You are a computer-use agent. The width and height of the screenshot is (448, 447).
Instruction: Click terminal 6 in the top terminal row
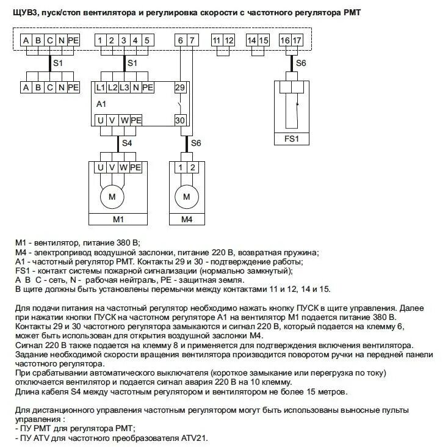tap(180, 40)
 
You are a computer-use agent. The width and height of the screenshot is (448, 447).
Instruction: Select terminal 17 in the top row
tap(297, 40)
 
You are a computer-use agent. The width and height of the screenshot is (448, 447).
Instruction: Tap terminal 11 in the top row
tap(217, 40)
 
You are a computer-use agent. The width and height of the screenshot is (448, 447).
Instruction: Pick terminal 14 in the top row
tap(252, 40)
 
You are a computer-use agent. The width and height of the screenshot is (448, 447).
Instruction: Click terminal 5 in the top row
tap(147, 40)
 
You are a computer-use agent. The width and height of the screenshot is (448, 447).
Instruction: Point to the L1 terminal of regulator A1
tap(101, 87)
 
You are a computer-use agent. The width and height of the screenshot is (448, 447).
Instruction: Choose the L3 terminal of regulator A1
tap(123, 87)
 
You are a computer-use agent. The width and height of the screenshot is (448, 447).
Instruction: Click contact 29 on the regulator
tap(179, 87)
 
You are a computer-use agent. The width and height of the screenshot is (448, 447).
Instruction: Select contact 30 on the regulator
tap(179, 120)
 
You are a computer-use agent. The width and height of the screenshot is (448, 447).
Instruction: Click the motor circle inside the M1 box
tap(112, 196)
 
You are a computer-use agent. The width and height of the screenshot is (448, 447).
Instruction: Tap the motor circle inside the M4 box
tap(187, 196)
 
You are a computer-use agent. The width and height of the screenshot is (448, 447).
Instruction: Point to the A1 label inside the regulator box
tap(101, 104)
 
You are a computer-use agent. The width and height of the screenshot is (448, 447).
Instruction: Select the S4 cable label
tap(126, 143)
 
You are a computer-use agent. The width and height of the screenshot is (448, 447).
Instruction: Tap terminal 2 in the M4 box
tap(193, 167)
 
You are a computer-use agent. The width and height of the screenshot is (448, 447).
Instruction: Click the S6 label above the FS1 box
tap(301, 63)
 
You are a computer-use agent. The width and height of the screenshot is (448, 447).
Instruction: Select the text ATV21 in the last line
tap(195, 438)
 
